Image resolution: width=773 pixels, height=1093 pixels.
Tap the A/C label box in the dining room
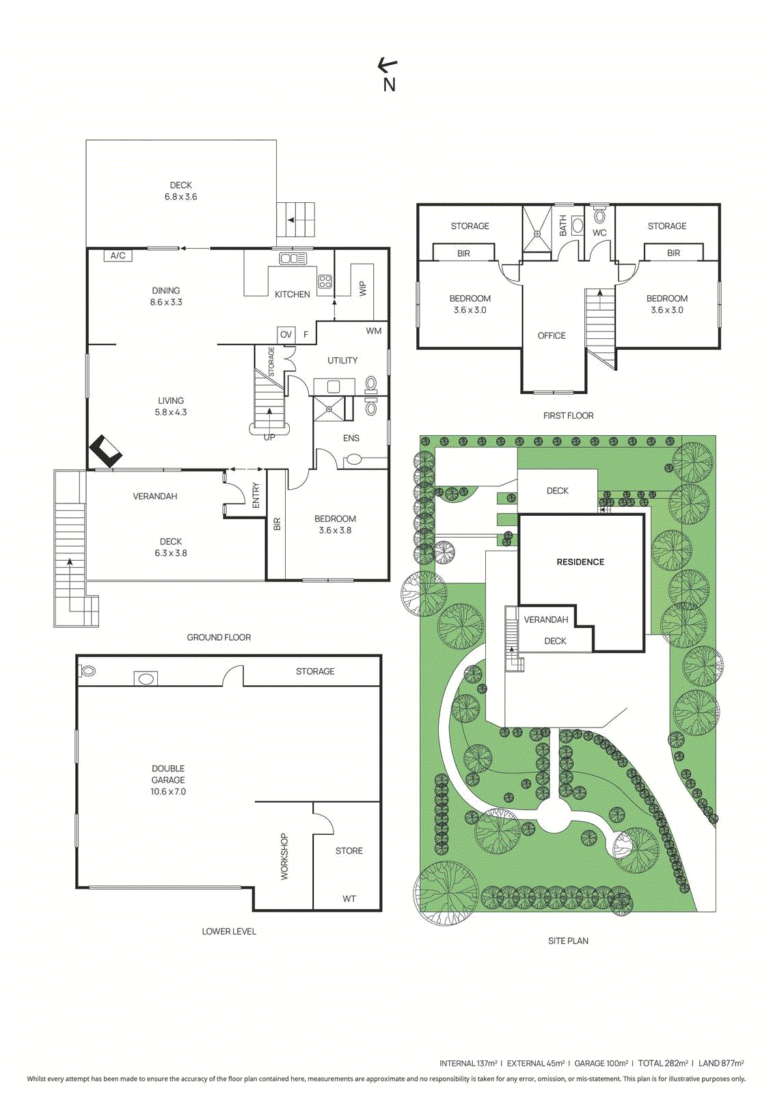point(118,255)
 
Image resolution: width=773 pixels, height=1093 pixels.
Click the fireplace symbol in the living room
point(106,451)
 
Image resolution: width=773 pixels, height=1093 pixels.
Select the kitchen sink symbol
point(293,259)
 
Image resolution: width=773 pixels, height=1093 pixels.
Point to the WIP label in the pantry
point(363,288)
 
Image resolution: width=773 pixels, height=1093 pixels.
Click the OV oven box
point(286,334)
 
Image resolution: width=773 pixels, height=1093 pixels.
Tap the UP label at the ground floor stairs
point(269,437)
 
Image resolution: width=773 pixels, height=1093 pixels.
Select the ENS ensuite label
point(351,439)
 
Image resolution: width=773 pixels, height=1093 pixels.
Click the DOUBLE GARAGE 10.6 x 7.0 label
point(168,780)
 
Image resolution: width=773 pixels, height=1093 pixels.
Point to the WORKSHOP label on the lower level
point(284,856)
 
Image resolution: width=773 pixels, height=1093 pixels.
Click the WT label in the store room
point(349,899)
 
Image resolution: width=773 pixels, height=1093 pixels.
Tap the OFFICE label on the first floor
point(552,336)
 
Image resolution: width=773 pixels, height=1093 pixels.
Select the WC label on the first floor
point(599,233)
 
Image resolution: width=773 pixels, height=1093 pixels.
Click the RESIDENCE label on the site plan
point(580,562)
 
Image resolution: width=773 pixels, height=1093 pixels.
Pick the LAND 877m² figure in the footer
point(721,1064)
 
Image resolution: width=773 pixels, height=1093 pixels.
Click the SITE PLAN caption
point(568,941)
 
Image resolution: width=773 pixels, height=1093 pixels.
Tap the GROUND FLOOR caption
point(219,637)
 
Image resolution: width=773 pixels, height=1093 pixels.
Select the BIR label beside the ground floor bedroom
point(277,525)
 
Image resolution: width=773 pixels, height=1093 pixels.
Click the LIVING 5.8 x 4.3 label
point(171,406)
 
